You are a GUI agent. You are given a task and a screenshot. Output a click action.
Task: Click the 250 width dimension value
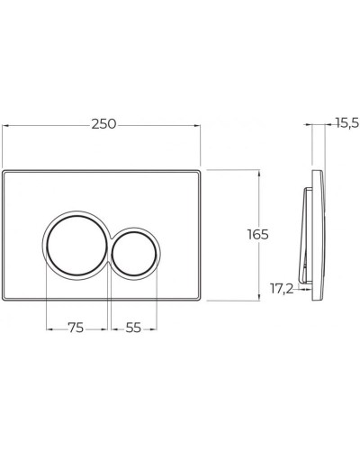[x=103, y=123]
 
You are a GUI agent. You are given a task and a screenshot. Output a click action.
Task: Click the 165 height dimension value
[x=257, y=233]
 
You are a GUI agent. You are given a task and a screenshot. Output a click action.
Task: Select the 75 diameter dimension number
[x=76, y=328]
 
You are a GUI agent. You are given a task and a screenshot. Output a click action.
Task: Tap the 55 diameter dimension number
[x=133, y=328]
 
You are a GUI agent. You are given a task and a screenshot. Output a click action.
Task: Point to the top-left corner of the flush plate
[x=6, y=171]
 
